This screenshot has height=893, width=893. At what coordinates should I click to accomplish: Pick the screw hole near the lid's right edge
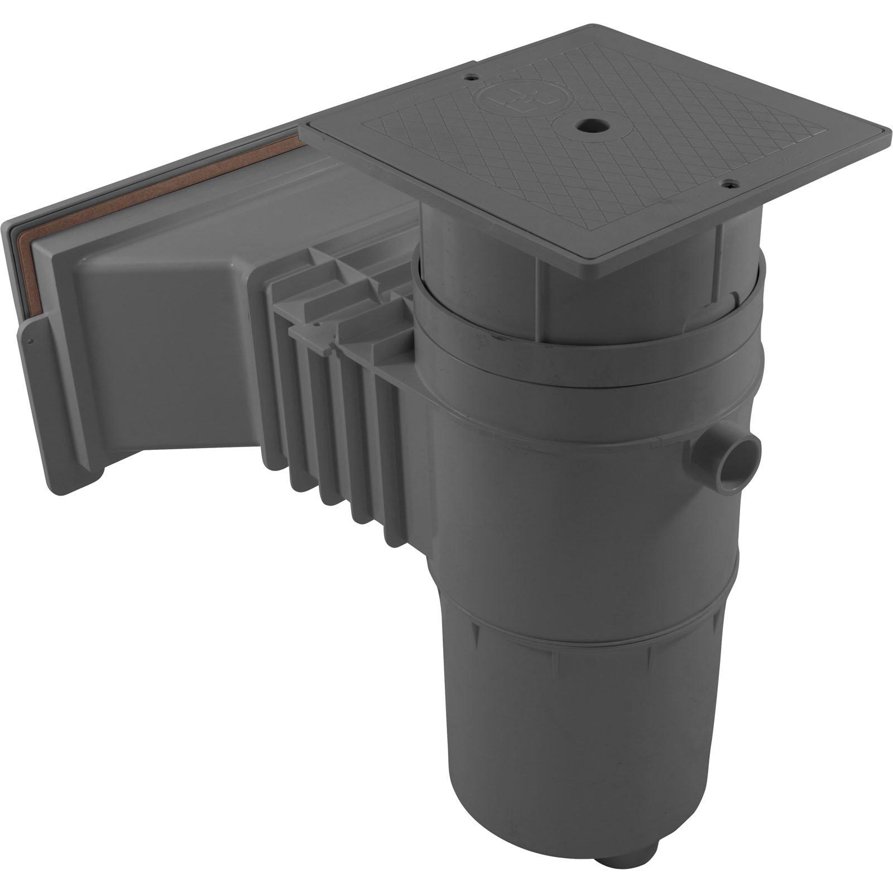coord(728,183)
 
